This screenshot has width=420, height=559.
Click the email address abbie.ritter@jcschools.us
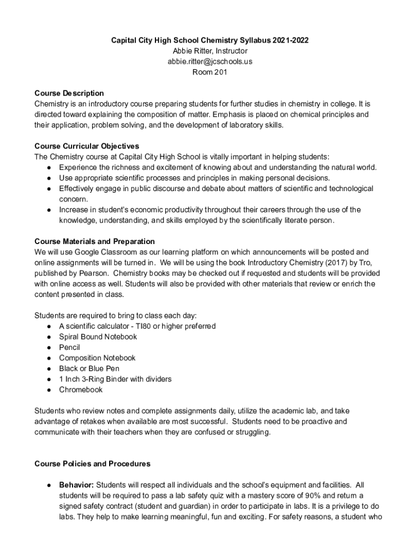click(210, 62)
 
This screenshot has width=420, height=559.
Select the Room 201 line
click(210, 72)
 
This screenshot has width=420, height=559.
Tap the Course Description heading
click(69, 93)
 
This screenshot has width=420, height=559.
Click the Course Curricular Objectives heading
click(87, 146)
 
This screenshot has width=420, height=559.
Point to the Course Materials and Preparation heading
click(94, 241)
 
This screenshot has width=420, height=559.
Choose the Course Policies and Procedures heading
click(92, 464)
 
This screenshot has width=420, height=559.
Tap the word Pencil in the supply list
click(69, 347)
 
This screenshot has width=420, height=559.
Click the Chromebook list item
click(81, 390)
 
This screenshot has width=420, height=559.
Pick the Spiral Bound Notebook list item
click(98, 337)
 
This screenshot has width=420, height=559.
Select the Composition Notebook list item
click(97, 358)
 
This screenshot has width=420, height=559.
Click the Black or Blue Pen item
click(89, 368)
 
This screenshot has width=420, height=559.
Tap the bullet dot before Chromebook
click(49, 390)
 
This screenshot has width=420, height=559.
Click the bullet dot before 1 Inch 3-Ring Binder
click(49, 379)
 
